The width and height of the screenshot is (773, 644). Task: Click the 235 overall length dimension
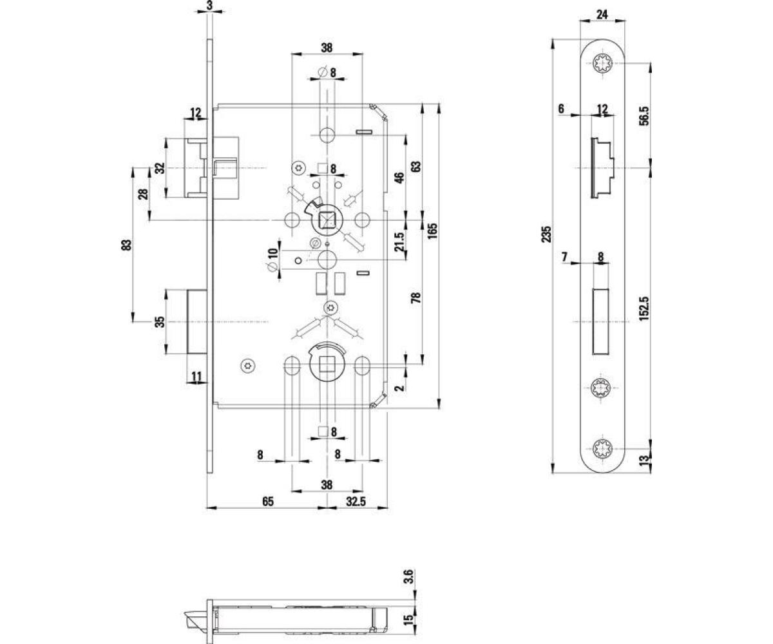click(x=546, y=233)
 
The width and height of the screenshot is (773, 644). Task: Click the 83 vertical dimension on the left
click(x=126, y=245)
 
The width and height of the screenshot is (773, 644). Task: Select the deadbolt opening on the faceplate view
click(x=602, y=321)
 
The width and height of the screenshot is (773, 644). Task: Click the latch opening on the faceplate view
click(x=602, y=168)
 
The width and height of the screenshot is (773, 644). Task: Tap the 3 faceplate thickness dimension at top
click(x=210, y=6)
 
